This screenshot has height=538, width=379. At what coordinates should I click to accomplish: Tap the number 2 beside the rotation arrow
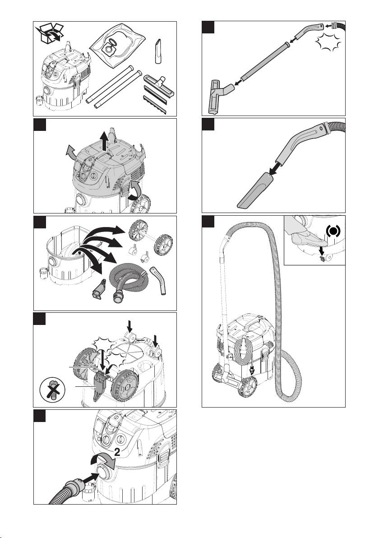coord(117,452)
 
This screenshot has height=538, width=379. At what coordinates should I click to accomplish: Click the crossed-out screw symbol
coord(53,390)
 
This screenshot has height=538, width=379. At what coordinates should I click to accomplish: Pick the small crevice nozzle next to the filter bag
coord(158,51)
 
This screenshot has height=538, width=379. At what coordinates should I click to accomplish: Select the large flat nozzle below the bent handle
coord(255,190)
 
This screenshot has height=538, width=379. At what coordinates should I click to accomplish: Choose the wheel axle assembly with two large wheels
coord(151,239)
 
